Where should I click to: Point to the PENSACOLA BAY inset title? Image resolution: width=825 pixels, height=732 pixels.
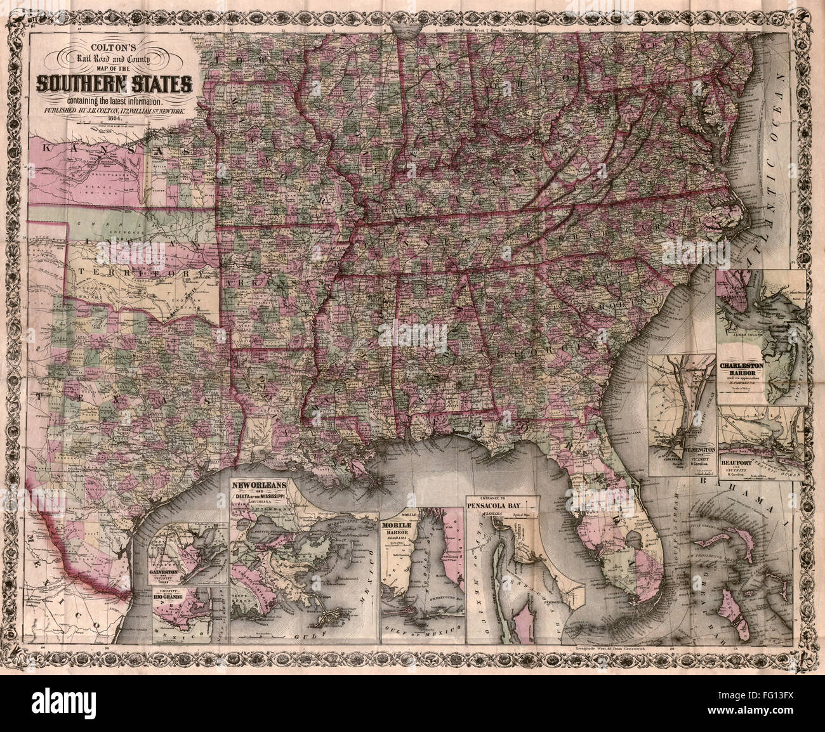(x=501, y=507)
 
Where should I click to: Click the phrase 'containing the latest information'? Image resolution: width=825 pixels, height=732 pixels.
(x=115, y=100)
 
